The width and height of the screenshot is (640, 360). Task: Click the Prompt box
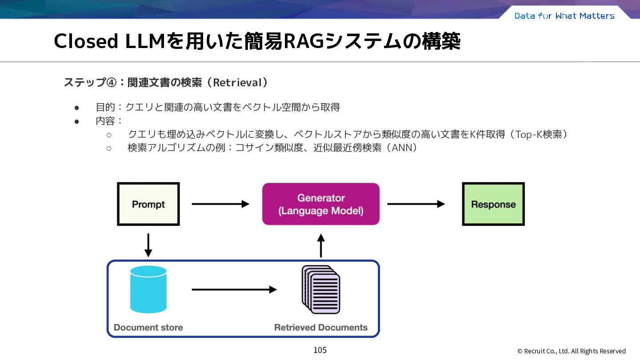pos(148,204)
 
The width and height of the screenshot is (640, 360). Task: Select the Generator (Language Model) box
pos(321,204)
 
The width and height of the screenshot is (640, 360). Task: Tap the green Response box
pos(493,204)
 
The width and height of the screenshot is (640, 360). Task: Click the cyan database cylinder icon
pos(148,289)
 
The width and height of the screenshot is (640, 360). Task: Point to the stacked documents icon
pos(321,289)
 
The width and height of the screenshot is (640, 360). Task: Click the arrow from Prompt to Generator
pos(220,204)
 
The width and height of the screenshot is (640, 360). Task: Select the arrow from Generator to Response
pos(416,204)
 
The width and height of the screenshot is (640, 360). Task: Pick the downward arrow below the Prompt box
pos(148,245)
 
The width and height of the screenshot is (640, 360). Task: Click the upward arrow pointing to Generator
pos(321,245)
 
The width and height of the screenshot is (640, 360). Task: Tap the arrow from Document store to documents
pos(234,290)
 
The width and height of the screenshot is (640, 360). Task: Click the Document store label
pos(148,328)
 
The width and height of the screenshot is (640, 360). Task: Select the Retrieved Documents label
pos(321,328)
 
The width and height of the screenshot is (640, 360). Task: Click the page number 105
pos(320,350)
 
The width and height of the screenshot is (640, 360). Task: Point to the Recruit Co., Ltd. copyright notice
pos(572,351)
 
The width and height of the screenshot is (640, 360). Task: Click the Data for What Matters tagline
pos(564,16)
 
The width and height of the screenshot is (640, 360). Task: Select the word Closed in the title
pos(86,41)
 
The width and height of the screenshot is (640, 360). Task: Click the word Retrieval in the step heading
pos(237,83)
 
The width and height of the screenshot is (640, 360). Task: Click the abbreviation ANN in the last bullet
pos(402,148)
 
